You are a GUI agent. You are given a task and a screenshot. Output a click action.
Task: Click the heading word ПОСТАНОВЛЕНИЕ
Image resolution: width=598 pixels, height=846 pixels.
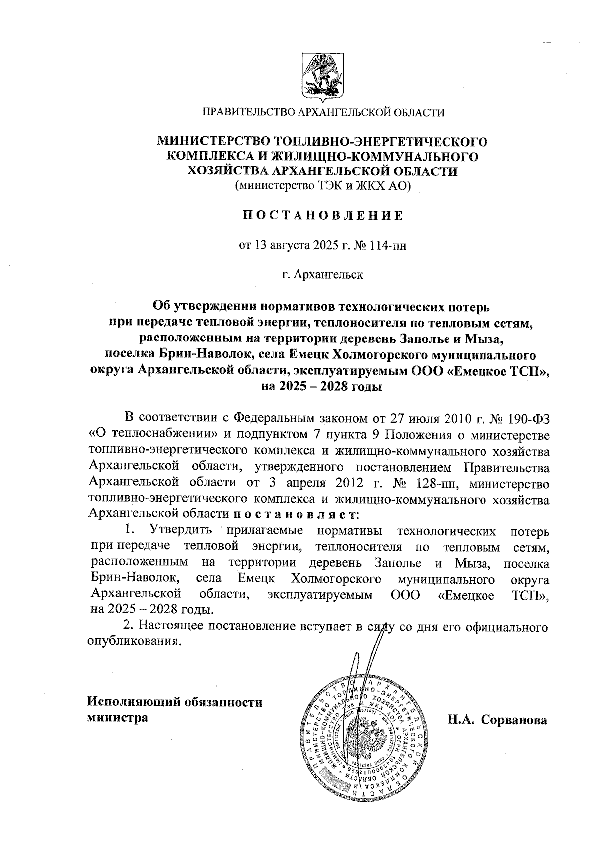tap(322, 216)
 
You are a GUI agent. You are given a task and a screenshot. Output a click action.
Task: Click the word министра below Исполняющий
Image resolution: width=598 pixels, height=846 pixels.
tap(117, 718)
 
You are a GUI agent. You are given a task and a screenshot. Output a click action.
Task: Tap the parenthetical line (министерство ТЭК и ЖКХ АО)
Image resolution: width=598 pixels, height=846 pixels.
tap(322, 186)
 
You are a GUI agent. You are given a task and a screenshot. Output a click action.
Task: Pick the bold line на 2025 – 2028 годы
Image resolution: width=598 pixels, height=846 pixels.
tap(322, 386)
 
